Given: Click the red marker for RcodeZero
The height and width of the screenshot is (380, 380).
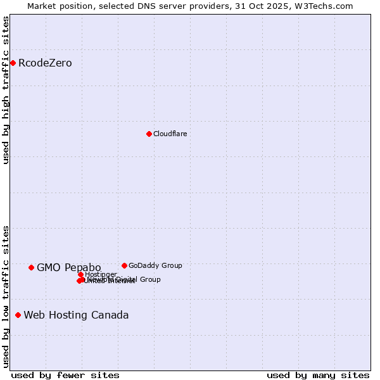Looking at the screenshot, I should pos(13,63).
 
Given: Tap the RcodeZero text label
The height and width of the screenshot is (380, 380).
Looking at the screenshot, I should pos(45,63).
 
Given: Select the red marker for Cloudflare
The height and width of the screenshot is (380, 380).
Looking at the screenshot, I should pos(149,134).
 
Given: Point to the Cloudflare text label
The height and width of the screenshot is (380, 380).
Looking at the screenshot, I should pos(170,134).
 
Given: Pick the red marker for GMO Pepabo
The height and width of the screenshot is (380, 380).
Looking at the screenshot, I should pos(31,267).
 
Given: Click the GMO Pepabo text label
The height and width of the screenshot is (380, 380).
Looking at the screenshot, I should pos(68,268).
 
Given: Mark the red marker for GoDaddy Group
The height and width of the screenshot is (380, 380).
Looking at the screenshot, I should pos(124,265).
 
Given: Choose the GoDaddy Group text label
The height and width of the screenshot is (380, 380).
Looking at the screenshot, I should pos(155,266).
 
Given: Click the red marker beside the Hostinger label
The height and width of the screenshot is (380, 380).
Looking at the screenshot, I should pos(80,274).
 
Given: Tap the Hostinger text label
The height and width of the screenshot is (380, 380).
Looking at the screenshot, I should pos(101,274).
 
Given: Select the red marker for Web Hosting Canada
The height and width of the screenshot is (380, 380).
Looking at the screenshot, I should pos(18,315).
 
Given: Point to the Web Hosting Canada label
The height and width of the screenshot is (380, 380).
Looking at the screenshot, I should pos(76,315).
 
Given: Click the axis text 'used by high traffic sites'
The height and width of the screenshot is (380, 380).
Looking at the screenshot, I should pos(6,90).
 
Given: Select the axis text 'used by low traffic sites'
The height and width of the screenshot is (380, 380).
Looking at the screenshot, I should pos(6,296).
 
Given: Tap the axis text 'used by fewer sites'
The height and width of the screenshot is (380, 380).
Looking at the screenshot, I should pos(65,376).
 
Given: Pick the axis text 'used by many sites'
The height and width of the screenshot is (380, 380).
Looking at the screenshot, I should pos(318,376).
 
